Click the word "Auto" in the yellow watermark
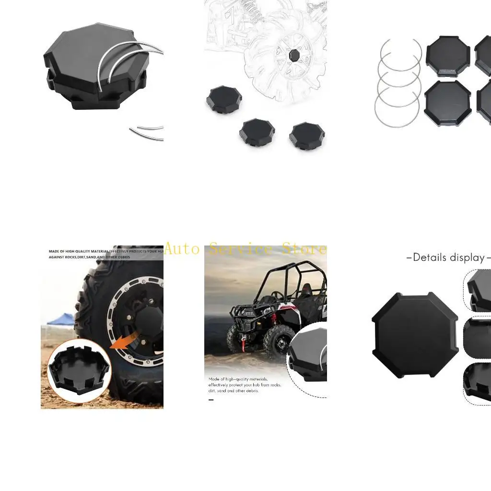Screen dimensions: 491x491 [182, 249]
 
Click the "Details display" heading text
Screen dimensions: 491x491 [448, 257]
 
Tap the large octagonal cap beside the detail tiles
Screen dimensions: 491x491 [415, 335]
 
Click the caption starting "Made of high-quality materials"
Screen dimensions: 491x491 [245, 385]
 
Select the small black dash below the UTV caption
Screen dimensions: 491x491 [211, 399]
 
